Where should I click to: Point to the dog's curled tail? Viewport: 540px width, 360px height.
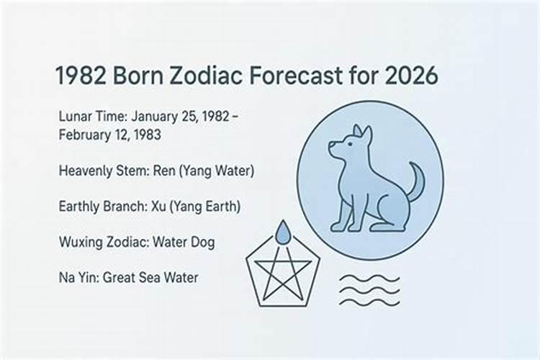(415, 181)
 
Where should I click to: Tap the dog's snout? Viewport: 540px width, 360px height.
(333, 149)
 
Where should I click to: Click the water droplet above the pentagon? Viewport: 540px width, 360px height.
(283, 233)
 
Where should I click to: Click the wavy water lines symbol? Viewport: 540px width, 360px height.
(369, 289)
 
